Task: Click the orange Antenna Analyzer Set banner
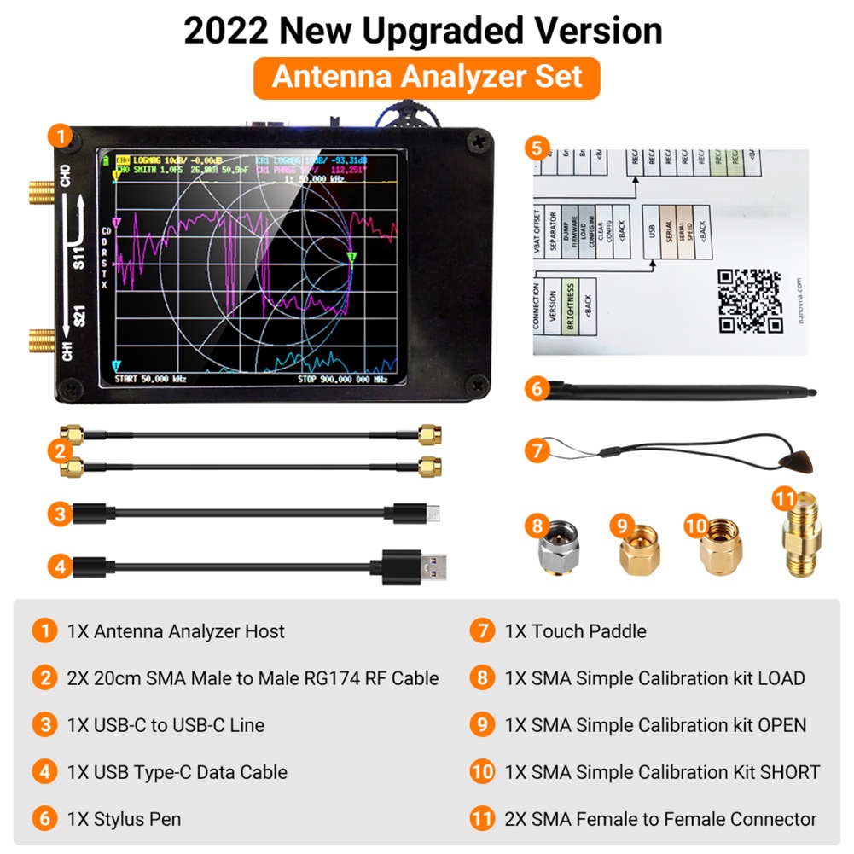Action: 427,77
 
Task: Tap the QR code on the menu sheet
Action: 749,301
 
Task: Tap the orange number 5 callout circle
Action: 536,147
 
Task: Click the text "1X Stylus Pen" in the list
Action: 124,819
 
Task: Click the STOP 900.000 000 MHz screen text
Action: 342,379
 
